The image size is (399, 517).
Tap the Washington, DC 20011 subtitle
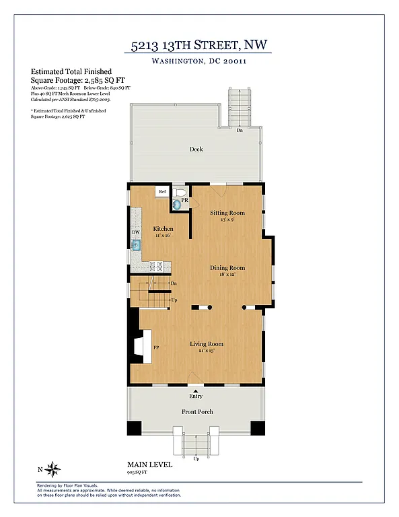(x=198, y=62)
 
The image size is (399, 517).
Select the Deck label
(x=196, y=149)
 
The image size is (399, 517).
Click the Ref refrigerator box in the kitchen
(x=162, y=192)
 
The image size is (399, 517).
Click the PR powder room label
(x=184, y=200)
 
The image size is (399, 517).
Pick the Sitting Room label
(x=227, y=213)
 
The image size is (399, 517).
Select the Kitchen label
(x=163, y=229)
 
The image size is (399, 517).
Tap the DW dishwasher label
(x=135, y=232)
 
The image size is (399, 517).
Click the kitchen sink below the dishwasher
(x=136, y=246)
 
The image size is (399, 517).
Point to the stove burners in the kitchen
(x=157, y=266)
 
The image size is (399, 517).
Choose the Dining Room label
(x=227, y=268)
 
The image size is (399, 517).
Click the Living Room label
(x=206, y=344)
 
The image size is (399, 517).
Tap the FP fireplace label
(x=155, y=348)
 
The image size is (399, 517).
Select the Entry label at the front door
(x=196, y=397)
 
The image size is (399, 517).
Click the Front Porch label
(x=197, y=411)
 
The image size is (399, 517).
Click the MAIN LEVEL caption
(x=149, y=464)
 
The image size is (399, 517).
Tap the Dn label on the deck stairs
(x=240, y=131)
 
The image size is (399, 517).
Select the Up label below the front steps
(x=196, y=458)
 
